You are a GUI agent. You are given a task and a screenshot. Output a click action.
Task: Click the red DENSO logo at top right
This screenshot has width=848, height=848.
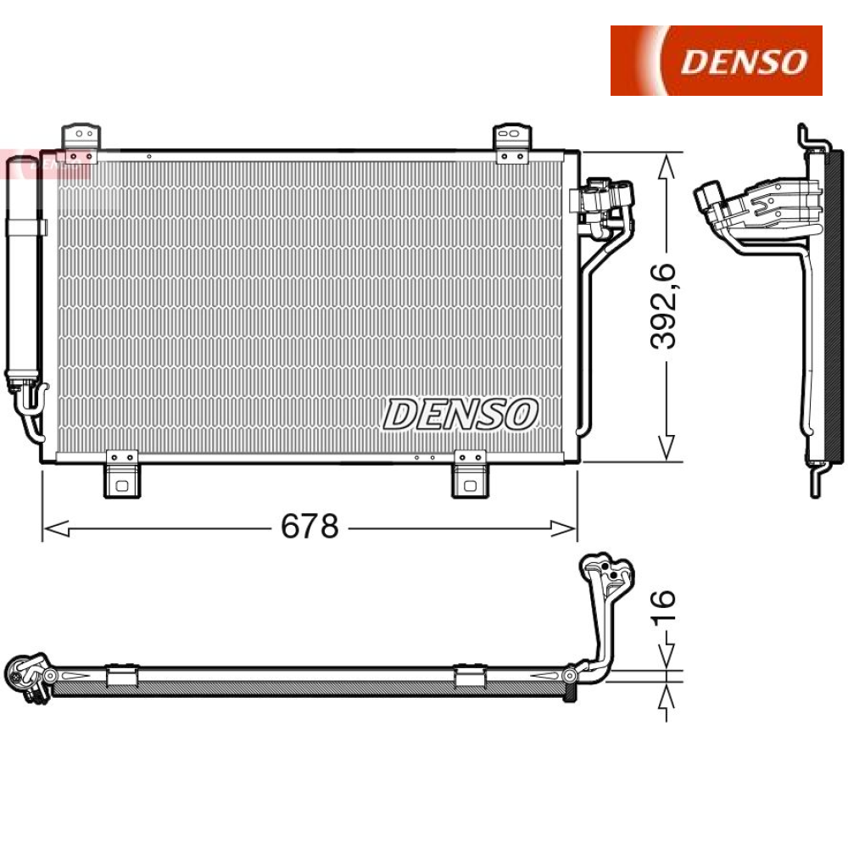717,60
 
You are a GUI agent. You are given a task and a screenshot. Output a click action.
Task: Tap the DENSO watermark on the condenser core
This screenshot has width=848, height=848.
460,415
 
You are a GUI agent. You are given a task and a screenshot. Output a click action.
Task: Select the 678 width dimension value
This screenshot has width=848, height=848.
310,527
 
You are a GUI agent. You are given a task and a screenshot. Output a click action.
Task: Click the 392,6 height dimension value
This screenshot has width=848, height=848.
664,306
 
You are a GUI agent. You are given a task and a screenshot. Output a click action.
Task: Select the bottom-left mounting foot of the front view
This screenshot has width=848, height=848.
121,477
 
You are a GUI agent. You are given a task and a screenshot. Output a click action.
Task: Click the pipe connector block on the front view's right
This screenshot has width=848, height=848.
604,198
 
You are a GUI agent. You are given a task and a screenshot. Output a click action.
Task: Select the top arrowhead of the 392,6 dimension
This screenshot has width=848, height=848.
668,165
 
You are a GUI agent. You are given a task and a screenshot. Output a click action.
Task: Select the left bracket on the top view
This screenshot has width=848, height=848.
121,675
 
